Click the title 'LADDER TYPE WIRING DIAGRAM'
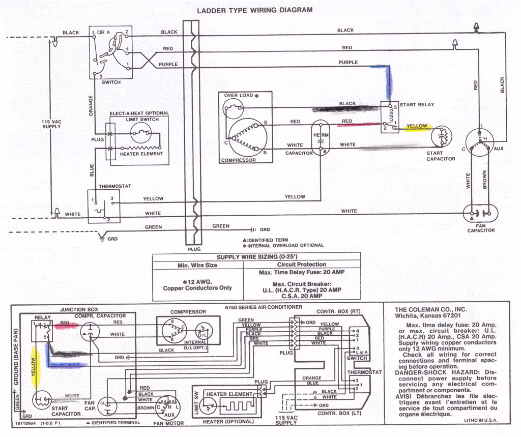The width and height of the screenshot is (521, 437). pos(254,10)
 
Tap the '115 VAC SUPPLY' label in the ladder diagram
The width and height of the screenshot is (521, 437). pos(51,124)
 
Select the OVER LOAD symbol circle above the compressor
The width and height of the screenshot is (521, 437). pos(234,107)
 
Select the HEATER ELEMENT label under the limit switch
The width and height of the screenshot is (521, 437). pos(141,154)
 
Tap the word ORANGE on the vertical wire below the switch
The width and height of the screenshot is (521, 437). pos(91,105)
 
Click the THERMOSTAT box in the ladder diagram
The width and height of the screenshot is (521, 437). pos(103,206)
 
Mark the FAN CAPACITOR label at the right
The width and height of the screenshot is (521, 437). pos(480,227)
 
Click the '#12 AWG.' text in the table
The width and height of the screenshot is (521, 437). pos(197,281)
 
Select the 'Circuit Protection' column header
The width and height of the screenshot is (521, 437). pos(301,265)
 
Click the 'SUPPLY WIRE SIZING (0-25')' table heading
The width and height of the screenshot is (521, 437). pos(256,257)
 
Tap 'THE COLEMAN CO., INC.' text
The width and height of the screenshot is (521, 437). pos(431,309)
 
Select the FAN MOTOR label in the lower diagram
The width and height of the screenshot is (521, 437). pos(165,423)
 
